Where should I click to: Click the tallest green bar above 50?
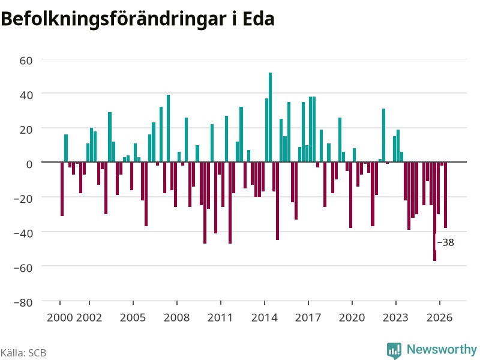pyautogui.click(x=271, y=117)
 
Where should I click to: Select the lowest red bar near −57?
pyautogui.click(x=434, y=211)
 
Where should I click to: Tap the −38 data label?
pyautogui.click(x=446, y=242)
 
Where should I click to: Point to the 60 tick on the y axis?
pyautogui.click(x=26, y=61)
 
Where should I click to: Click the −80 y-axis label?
pyautogui.click(x=23, y=302)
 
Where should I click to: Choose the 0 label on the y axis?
pyautogui.click(x=29, y=164)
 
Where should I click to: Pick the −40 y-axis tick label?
pyautogui.click(x=23, y=233)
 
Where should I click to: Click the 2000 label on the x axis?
pyautogui.click(x=59, y=317)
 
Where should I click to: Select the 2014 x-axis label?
pyautogui.click(x=265, y=317)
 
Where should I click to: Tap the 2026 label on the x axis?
pyautogui.click(x=440, y=317)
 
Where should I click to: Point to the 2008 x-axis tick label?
pyautogui.click(x=176, y=317)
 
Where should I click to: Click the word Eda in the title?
pyautogui.click(x=259, y=19)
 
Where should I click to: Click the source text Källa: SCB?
pyautogui.click(x=23, y=353)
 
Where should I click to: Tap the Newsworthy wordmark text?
pyautogui.click(x=442, y=349)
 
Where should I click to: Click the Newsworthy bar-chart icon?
pyautogui.click(x=394, y=350)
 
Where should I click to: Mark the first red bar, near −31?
pyautogui.click(x=62, y=189)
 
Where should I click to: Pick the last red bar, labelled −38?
pyautogui.click(x=445, y=194)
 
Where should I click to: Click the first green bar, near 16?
pyautogui.click(x=66, y=148)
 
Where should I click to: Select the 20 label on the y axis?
pyautogui.click(x=26, y=130)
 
